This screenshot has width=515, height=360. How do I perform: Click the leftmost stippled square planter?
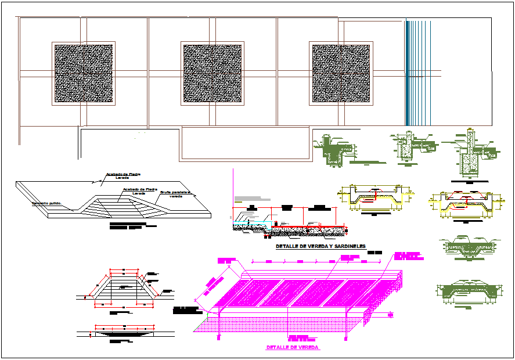click(x=84, y=74)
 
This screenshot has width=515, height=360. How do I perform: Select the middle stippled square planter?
click(x=213, y=74)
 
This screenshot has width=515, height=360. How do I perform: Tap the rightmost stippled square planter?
click(x=341, y=74)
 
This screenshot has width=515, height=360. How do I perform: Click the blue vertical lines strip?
click(x=418, y=73)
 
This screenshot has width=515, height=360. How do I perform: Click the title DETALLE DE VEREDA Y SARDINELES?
click(x=320, y=247)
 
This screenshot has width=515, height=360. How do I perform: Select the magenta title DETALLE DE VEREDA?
click(x=293, y=347)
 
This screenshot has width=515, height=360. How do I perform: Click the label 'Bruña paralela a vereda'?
click(x=175, y=193)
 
